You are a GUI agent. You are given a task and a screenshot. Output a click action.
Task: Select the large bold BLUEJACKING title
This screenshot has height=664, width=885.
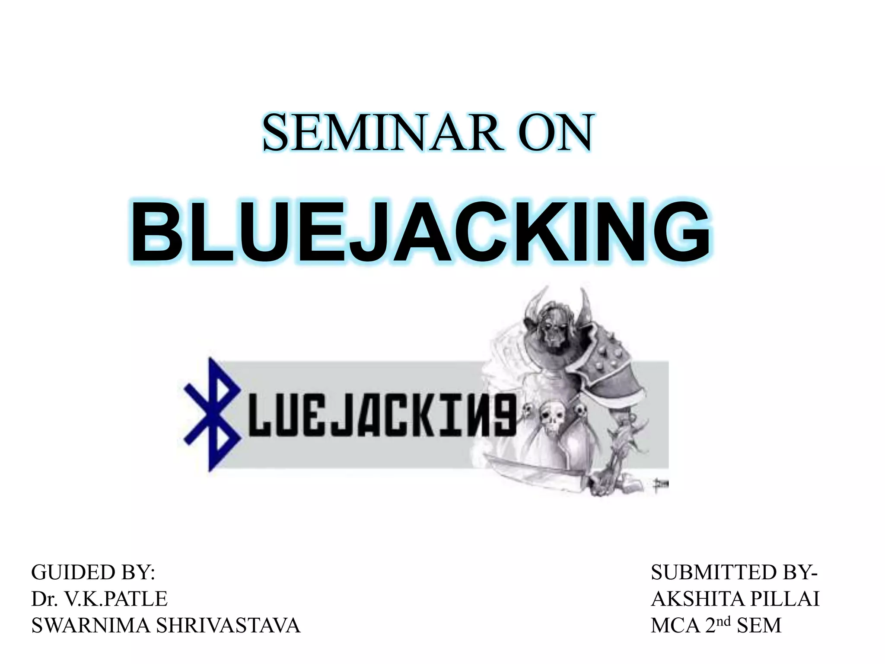click(421, 231)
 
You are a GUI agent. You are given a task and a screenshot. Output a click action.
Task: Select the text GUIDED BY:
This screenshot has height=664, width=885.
click(93, 572)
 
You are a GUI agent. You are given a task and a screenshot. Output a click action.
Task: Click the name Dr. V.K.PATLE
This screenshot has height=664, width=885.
click(99, 599)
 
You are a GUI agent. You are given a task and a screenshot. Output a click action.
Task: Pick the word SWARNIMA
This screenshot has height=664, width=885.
click(90, 626)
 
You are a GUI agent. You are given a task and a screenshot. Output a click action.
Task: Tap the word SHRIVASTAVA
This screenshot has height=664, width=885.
click(228, 626)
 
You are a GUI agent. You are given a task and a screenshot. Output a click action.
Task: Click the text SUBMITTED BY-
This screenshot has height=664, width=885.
click(734, 572)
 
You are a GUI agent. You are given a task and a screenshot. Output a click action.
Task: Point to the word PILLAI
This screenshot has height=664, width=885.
click(785, 599)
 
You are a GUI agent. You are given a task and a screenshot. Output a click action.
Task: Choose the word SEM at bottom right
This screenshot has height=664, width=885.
click(759, 626)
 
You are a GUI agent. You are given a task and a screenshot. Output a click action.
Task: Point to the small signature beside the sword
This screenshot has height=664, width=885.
click(661, 484)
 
